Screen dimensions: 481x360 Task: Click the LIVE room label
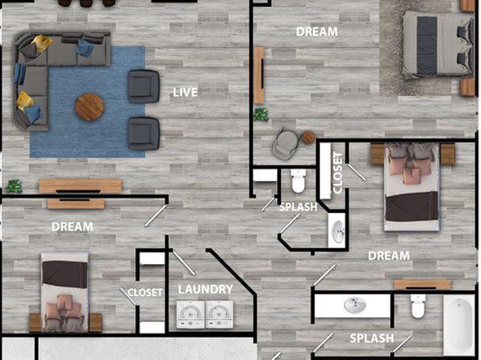(x=185, y=92)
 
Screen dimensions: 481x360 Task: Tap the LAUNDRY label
(x=206, y=289)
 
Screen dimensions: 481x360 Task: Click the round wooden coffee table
(x=90, y=107)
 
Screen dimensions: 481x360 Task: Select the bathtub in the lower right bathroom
(x=459, y=326)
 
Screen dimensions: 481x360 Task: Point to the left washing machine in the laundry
(x=190, y=314)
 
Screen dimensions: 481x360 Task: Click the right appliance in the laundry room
(x=219, y=314)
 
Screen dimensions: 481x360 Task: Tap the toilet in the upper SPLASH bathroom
(x=299, y=181)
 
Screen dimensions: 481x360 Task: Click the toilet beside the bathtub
(x=418, y=306)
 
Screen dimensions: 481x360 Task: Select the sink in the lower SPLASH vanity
(x=354, y=305)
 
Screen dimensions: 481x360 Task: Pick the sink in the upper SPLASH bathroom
(x=338, y=230)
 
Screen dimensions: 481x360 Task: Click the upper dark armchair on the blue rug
(x=144, y=86)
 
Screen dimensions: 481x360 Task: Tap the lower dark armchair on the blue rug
(x=144, y=133)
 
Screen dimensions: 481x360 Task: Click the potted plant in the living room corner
(x=14, y=186)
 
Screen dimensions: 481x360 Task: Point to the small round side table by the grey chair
(x=308, y=137)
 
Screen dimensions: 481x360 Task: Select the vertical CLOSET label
(x=337, y=173)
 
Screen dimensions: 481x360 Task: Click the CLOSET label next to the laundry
(x=144, y=292)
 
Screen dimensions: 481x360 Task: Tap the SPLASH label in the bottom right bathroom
(x=372, y=338)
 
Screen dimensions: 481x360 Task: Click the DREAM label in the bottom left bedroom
(x=73, y=227)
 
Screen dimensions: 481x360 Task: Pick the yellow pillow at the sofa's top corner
(x=41, y=43)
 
